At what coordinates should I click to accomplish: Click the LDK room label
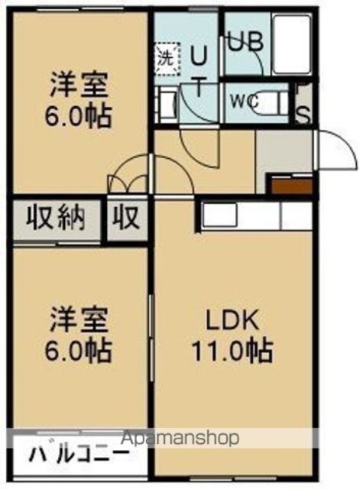[232, 320]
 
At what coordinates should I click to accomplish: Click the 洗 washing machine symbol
[167, 59]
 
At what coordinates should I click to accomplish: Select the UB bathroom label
[245, 42]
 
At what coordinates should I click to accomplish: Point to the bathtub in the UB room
[292, 44]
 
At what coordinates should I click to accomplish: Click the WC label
[245, 101]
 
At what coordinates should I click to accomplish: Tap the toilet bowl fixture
[271, 102]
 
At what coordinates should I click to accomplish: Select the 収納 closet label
[55, 218]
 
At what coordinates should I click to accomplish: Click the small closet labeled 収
[126, 218]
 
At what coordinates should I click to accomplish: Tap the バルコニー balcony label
[79, 455]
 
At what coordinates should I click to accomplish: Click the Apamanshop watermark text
[180, 438]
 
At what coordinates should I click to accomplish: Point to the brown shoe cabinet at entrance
[292, 186]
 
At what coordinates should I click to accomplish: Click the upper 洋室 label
[79, 85]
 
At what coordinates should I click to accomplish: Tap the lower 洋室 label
[79, 319]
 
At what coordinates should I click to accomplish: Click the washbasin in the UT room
[166, 105]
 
